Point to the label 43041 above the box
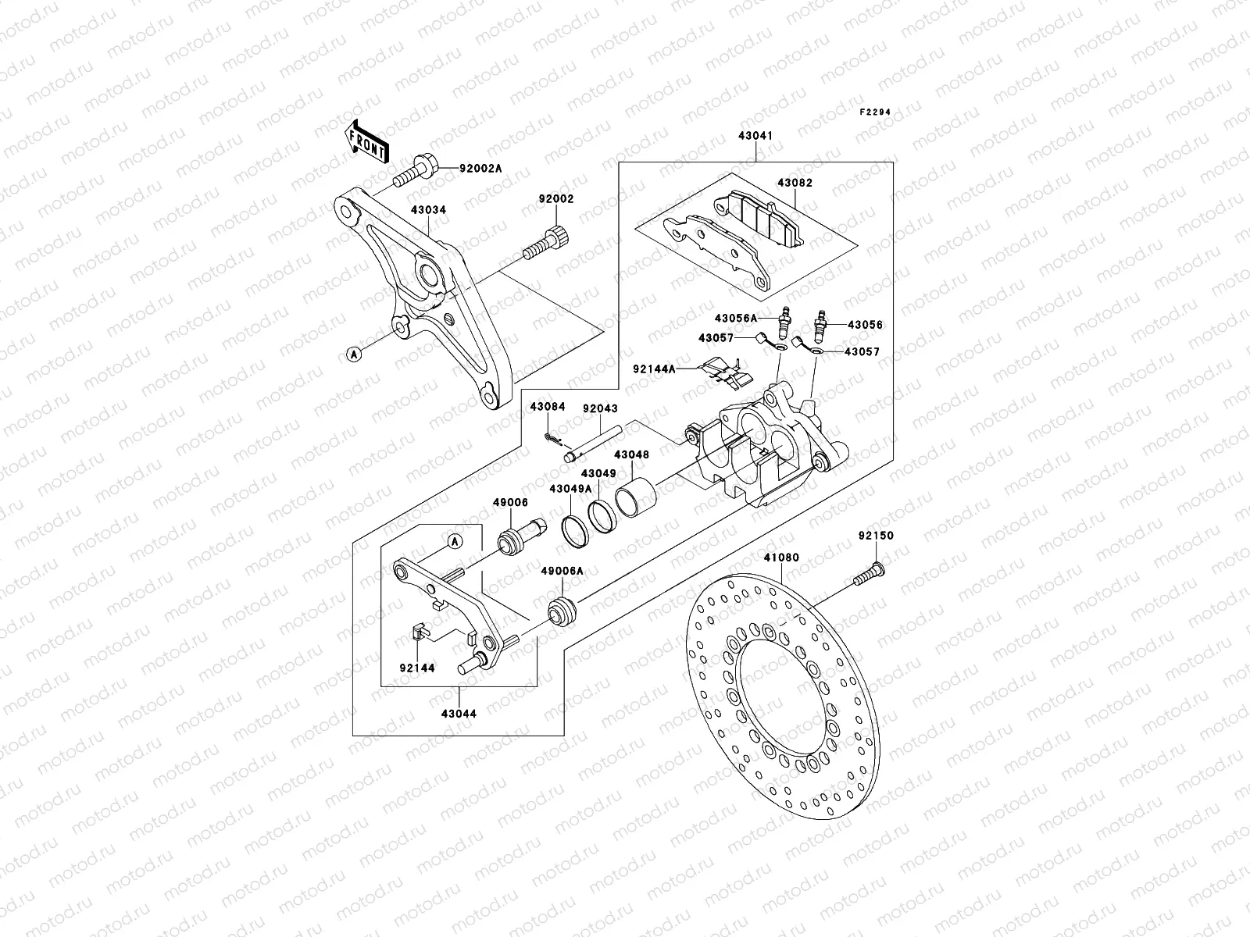755,135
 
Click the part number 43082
794,183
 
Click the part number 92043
599,408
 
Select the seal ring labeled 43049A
574,531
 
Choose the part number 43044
459,713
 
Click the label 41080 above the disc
781,558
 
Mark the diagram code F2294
875,112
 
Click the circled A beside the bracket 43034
353,354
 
